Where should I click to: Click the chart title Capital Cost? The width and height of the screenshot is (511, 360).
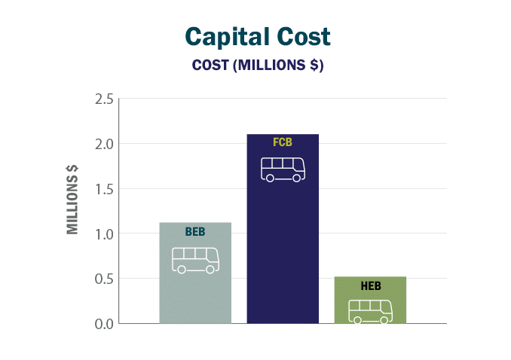[x=258, y=37]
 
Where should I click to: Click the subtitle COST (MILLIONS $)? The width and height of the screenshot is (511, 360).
[x=258, y=65]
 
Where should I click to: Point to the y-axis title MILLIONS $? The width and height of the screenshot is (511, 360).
[x=73, y=205]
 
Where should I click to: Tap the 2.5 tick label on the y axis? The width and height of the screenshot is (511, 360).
[x=104, y=99]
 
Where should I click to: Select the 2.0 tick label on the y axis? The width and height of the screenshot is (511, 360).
[x=104, y=144]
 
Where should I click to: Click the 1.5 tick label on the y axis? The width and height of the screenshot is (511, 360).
[x=104, y=189]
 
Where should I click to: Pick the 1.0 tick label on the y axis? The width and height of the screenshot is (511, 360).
[x=104, y=233]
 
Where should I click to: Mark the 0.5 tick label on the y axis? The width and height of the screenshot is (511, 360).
[x=104, y=279]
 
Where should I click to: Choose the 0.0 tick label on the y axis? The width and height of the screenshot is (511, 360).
[x=104, y=324]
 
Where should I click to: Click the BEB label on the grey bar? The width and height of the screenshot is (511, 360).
[x=195, y=232]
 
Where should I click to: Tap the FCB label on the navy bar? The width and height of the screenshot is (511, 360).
[x=283, y=142]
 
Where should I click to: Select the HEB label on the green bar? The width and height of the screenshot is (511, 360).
[x=370, y=286]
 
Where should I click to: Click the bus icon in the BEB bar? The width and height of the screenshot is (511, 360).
[x=195, y=260]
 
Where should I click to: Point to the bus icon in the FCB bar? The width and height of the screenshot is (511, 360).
[x=283, y=169]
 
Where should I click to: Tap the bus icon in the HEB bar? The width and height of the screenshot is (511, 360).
[x=370, y=311]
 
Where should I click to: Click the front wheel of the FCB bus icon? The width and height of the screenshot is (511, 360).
[x=297, y=178]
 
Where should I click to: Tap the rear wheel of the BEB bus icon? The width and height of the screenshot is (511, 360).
[x=182, y=270]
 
